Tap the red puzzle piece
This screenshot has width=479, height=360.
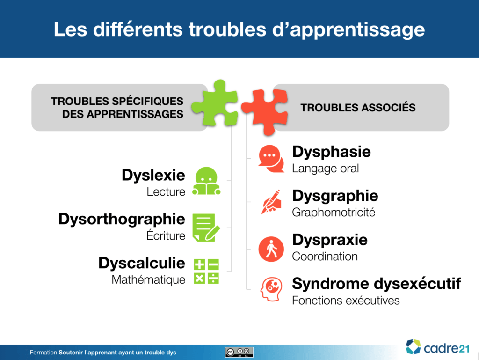coord(265,111)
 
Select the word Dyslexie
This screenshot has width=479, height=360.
coord(153,176)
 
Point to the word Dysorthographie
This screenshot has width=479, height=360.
coord(122,220)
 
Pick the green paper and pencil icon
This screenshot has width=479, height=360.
coord(206,228)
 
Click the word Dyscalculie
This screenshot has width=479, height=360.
coord(142,263)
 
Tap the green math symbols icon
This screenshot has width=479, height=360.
coord(206,272)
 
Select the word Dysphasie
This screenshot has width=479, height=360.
coord(332,152)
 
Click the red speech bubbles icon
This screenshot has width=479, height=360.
coord(271,159)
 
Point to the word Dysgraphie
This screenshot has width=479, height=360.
coord(335,196)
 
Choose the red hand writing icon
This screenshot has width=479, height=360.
coord(271,202)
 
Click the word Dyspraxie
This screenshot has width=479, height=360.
coord(330,240)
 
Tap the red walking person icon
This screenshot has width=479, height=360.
coord(271,249)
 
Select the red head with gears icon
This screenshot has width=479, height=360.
coord(271,289)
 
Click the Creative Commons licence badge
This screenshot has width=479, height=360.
coord(239,352)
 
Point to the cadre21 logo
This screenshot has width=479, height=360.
coord(437,347)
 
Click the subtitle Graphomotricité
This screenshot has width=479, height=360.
coord(334,213)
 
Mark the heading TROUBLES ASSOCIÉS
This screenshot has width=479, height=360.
coord(358,108)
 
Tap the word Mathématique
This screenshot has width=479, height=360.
coord(148,279)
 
